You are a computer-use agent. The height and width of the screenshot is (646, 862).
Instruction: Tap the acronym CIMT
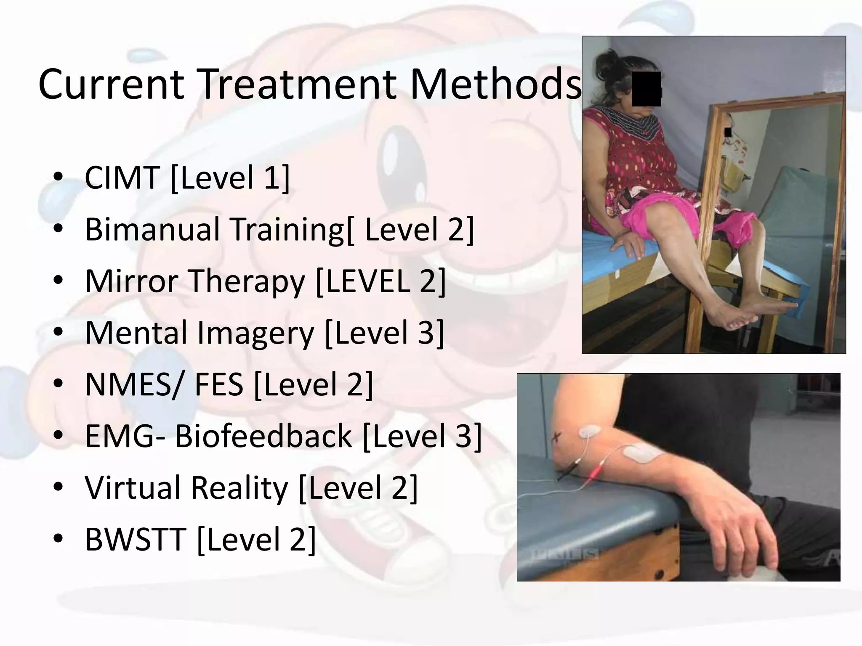pyautogui.click(x=122, y=177)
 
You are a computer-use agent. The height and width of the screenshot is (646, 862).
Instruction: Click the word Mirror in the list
pyautogui.click(x=130, y=281)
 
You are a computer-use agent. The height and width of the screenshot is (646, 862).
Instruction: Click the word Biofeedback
pyautogui.click(x=263, y=436)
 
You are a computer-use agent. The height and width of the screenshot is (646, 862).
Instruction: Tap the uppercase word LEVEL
pyautogui.click(x=367, y=281)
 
